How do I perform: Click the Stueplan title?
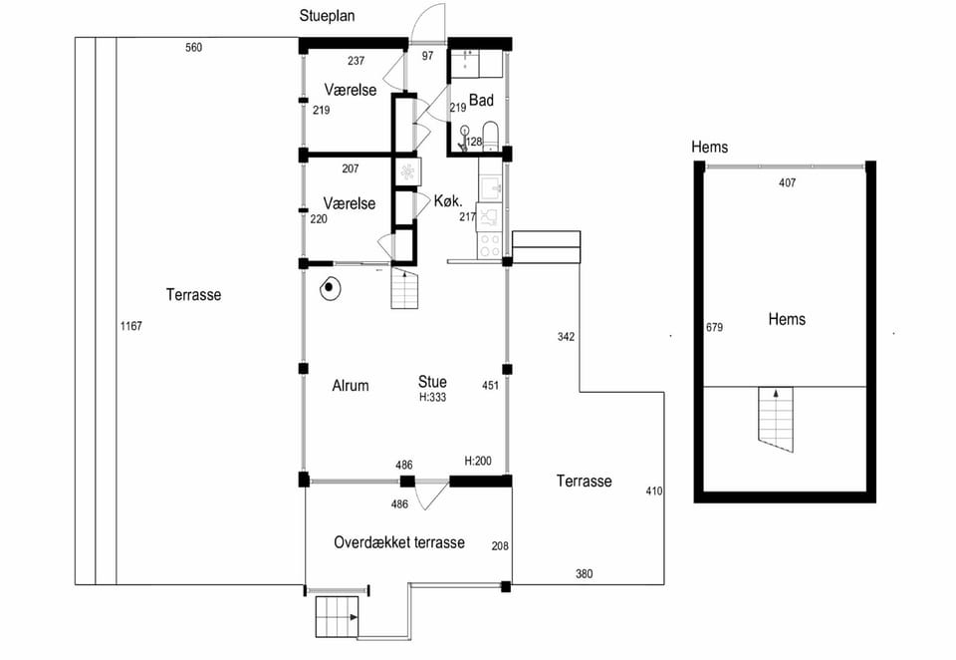tap(327, 17)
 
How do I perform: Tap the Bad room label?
tap(481, 100)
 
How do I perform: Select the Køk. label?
tap(448, 200)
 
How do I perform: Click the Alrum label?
tap(351, 386)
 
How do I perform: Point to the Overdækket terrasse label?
tap(399, 542)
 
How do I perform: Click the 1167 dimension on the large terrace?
tap(131, 326)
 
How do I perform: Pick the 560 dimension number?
tap(194, 48)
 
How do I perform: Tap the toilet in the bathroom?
tap(490, 135)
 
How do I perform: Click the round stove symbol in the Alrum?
tap(330, 289)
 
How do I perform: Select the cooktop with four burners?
tap(489, 245)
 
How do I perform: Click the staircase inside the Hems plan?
tap(776, 420)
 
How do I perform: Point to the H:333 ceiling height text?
tap(433, 398)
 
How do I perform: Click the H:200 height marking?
tap(478, 461)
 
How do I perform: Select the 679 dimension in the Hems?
tap(715, 327)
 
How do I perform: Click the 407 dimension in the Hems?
tap(788, 182)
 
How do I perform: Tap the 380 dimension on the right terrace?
tap(585, 574)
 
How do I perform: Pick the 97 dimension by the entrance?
tap(428, 56)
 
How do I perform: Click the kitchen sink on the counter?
tap(490, 187)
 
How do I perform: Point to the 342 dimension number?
tap(566, 337)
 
